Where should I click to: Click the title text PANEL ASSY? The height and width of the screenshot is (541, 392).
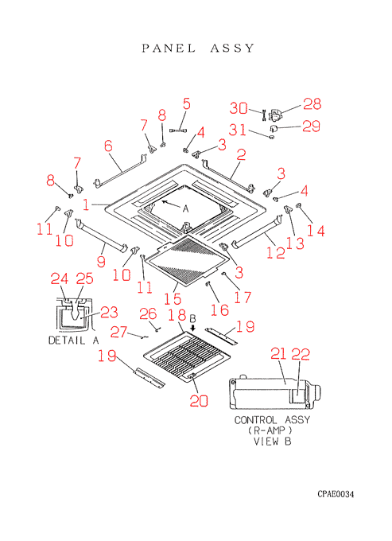click(198, 48)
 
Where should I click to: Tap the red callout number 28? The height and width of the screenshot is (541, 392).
click(312, 103)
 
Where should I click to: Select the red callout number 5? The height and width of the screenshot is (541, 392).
click(187, 103)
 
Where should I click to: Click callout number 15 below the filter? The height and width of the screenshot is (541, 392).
click(173, 298)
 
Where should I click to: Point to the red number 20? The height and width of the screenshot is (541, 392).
click(199, 400)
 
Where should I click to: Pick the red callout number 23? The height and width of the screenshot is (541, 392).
click(109, 312)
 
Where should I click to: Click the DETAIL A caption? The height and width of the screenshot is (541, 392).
click(73, 341)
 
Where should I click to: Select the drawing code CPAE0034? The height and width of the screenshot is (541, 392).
click(336, 494)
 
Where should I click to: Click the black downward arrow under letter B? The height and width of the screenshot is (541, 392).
click(192, 328)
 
